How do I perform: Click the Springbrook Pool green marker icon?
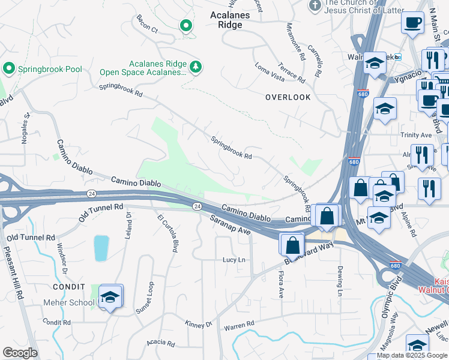9,69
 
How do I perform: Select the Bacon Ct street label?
147,24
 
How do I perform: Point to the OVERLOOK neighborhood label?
288,97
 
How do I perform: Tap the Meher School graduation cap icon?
110,296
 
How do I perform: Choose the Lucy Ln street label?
234,260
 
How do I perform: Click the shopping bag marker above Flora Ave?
292,244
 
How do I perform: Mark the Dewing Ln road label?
339,281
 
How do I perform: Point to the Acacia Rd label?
160,344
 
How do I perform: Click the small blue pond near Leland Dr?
101,248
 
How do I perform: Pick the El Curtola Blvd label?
167,233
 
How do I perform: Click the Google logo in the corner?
20,353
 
